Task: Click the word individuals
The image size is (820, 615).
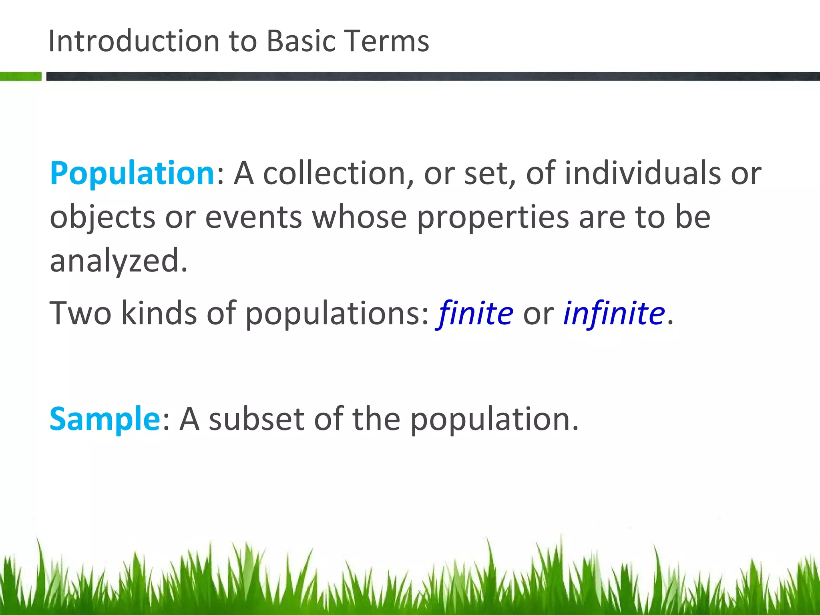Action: click(643, 174)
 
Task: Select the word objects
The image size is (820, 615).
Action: click(102, 218)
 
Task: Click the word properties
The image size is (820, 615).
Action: click(493, 218)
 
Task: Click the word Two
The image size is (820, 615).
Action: click(80, 313)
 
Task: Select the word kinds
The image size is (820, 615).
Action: click(159, 313)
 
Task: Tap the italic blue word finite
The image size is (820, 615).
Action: click(475, 313)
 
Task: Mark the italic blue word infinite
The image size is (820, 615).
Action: click(614, 313)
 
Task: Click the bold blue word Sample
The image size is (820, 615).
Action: click(105, 419)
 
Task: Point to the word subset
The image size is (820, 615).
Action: click(257, 419)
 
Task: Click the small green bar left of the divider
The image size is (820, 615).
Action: click(20, 76)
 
